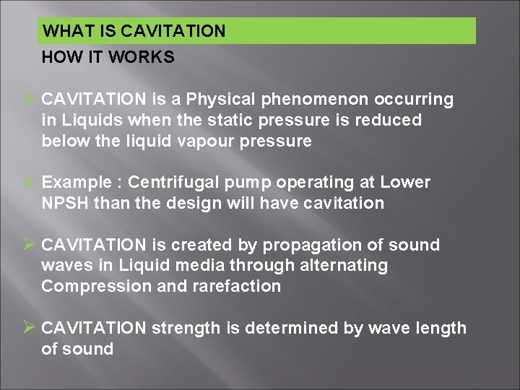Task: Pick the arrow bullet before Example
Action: point(30,182)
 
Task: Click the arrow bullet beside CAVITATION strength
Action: point(30,328)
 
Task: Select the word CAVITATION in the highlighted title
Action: point(173,31)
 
